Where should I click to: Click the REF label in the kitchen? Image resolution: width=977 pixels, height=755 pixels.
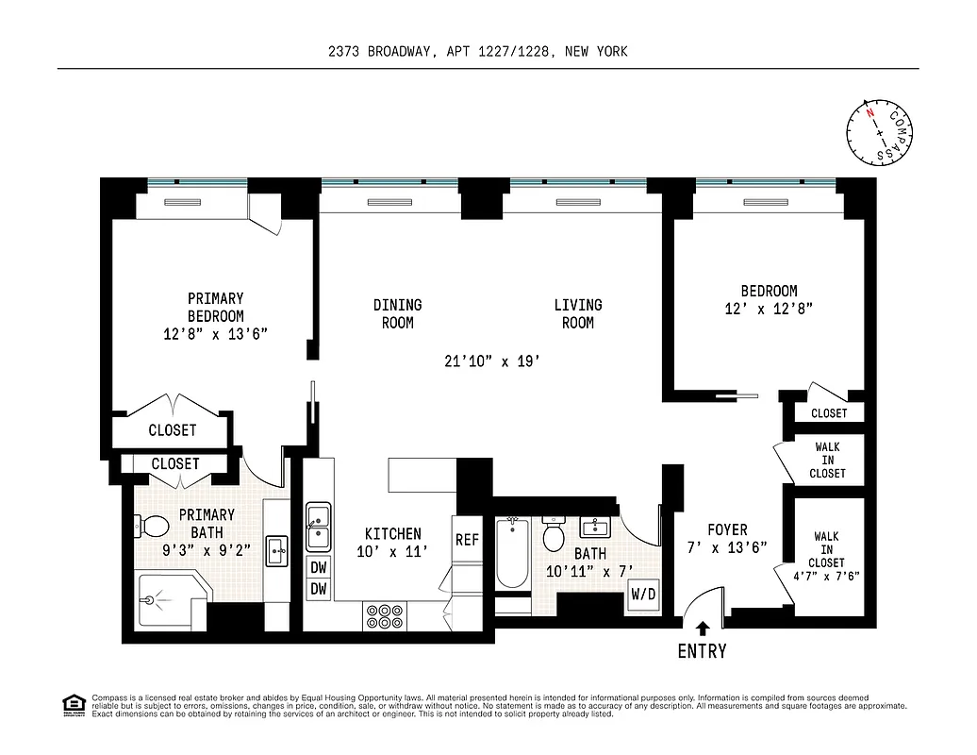click(467, 541)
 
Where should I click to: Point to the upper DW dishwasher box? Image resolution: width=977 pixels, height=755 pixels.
click(319, 568)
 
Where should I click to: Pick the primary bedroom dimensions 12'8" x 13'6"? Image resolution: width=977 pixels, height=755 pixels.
click(215, 333)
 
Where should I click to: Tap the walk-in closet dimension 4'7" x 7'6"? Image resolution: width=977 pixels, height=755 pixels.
click(826, 576)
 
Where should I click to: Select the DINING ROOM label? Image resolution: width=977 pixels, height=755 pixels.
click(397, 313)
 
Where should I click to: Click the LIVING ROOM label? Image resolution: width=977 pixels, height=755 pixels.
click(577, 313)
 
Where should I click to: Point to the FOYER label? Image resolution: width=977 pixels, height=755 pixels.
click(727, 530)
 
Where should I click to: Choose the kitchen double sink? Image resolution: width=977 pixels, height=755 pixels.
click(319, 527)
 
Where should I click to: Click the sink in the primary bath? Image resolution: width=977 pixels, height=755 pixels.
click(276, 549)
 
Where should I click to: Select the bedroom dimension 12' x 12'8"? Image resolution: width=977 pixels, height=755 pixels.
click(769, 308)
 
